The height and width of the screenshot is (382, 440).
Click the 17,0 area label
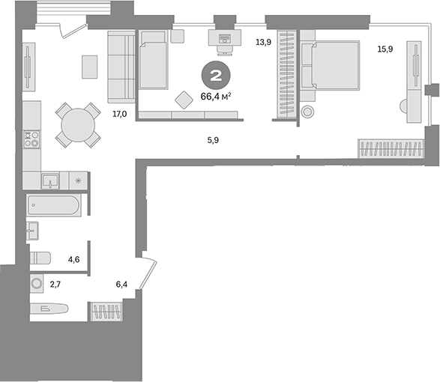pyautogui.click(x=118, y=115)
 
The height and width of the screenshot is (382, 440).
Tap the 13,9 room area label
pyautogui.click(x=263, y=43)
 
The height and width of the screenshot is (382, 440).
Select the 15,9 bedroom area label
pyautogui.click(x=385, y=49)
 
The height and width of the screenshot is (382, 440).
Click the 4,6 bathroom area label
pyautogui.click(x=74, y=259)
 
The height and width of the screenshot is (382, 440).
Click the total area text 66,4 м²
pyautogui.click(x=216, y=96)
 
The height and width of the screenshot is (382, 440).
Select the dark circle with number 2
pyautogui.click(x=215, y=76)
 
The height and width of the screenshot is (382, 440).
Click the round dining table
pyautogui.click(x=77, y=126)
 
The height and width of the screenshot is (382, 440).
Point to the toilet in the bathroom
pyautogui.click(x=40, y=258)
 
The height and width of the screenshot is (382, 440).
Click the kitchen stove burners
pyautogui.click(x=31, y=139)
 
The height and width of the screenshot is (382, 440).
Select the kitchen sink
pyautogui.click(x=51, y=181)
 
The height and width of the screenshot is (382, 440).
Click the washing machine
pyautogui.click(x=37, y=284)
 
